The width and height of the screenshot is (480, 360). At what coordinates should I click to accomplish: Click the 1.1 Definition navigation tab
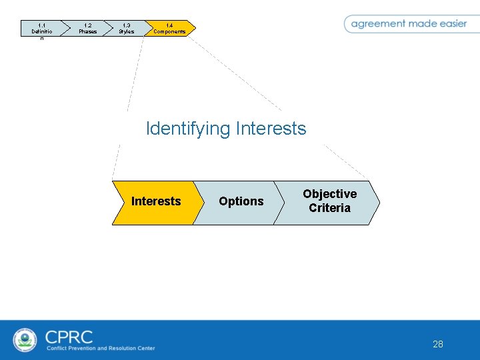pos(41,29)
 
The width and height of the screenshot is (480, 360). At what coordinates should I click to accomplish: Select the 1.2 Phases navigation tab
pos(87,28)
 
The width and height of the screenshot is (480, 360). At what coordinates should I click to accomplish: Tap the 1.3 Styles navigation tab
pos(126,28)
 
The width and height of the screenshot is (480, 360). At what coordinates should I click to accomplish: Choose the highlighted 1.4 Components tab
pos(169,28)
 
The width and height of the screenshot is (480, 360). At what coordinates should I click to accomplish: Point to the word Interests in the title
pos(271,128)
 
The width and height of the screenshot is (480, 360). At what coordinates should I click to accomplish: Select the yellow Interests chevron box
pos(155,201)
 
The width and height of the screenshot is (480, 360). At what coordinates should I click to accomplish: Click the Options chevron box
pos(241,201)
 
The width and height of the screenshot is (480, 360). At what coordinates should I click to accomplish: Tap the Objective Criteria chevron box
pos(329,201)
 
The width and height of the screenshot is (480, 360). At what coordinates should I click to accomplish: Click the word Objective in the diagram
pos(329,194)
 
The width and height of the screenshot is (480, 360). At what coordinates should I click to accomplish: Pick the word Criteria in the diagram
pos(329,208)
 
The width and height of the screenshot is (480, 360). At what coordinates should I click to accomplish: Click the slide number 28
pos(437,344)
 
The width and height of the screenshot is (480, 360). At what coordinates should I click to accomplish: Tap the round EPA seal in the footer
pos(25,339)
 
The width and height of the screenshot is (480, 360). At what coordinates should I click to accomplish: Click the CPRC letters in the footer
pos(69,336)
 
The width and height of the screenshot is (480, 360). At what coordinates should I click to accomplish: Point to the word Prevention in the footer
pos(82,348)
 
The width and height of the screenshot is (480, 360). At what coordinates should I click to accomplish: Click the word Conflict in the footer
pos(56,348)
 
